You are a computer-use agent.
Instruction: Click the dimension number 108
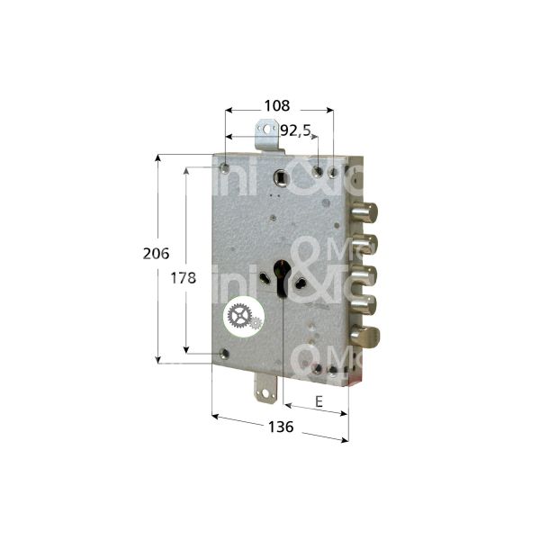coord(275,104)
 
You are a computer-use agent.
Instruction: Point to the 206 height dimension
coord(157,255)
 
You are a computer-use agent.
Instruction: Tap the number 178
coord(183,278)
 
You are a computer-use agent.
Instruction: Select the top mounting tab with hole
coord(265,139)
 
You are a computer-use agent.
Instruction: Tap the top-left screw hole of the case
coord(223,166)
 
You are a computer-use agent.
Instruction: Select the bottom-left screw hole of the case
coord(222,355)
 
